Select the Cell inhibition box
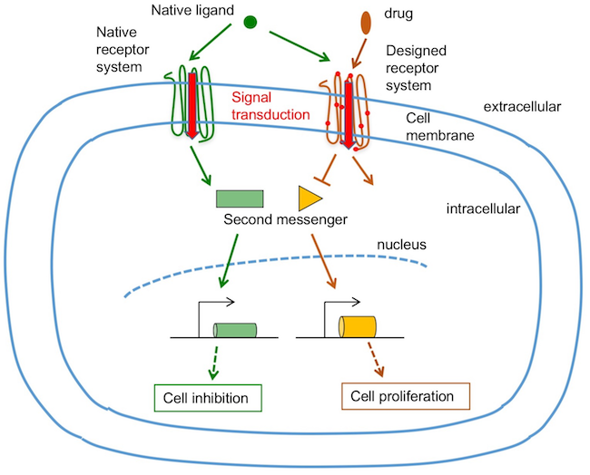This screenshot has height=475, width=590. (x=206, y=397)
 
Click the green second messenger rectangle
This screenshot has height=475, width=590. (x=240, y=199)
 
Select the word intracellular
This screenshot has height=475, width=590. (x=483, y=210)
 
